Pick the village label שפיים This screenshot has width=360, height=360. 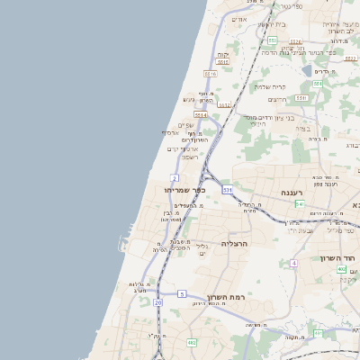point(186,125)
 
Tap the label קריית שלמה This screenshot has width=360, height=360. point(269,86)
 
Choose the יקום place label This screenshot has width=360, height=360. point(222,54)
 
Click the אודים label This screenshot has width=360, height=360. point(238,19)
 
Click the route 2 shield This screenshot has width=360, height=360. point(174,178)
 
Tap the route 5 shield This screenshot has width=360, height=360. point(182,293)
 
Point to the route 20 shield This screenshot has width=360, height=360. point(157,303)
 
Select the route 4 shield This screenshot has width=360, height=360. point(293,263)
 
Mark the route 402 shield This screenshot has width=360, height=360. point(342,268)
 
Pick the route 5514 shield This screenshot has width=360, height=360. point(200,116)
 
